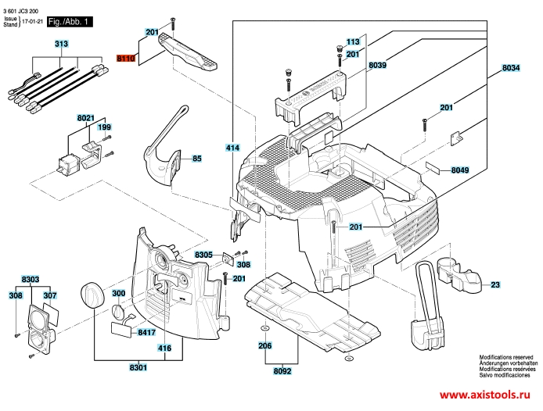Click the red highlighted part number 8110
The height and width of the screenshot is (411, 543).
(126, 58)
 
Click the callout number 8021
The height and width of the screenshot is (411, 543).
(85, 117)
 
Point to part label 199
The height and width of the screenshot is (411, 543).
(104, 127)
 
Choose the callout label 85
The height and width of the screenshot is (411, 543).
(197, 159)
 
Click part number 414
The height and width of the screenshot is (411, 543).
(232, 147)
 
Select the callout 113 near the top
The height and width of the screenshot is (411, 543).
(352, 41)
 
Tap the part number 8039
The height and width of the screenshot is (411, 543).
(378, 66)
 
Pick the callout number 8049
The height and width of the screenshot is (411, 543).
(460, 170)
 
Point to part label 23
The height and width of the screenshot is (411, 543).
(495, 285)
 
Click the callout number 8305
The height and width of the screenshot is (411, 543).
(203, 255)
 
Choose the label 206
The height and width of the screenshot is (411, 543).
(265, 345)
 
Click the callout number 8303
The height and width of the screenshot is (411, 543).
(31, 279)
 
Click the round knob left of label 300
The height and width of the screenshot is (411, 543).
(90, 296)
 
